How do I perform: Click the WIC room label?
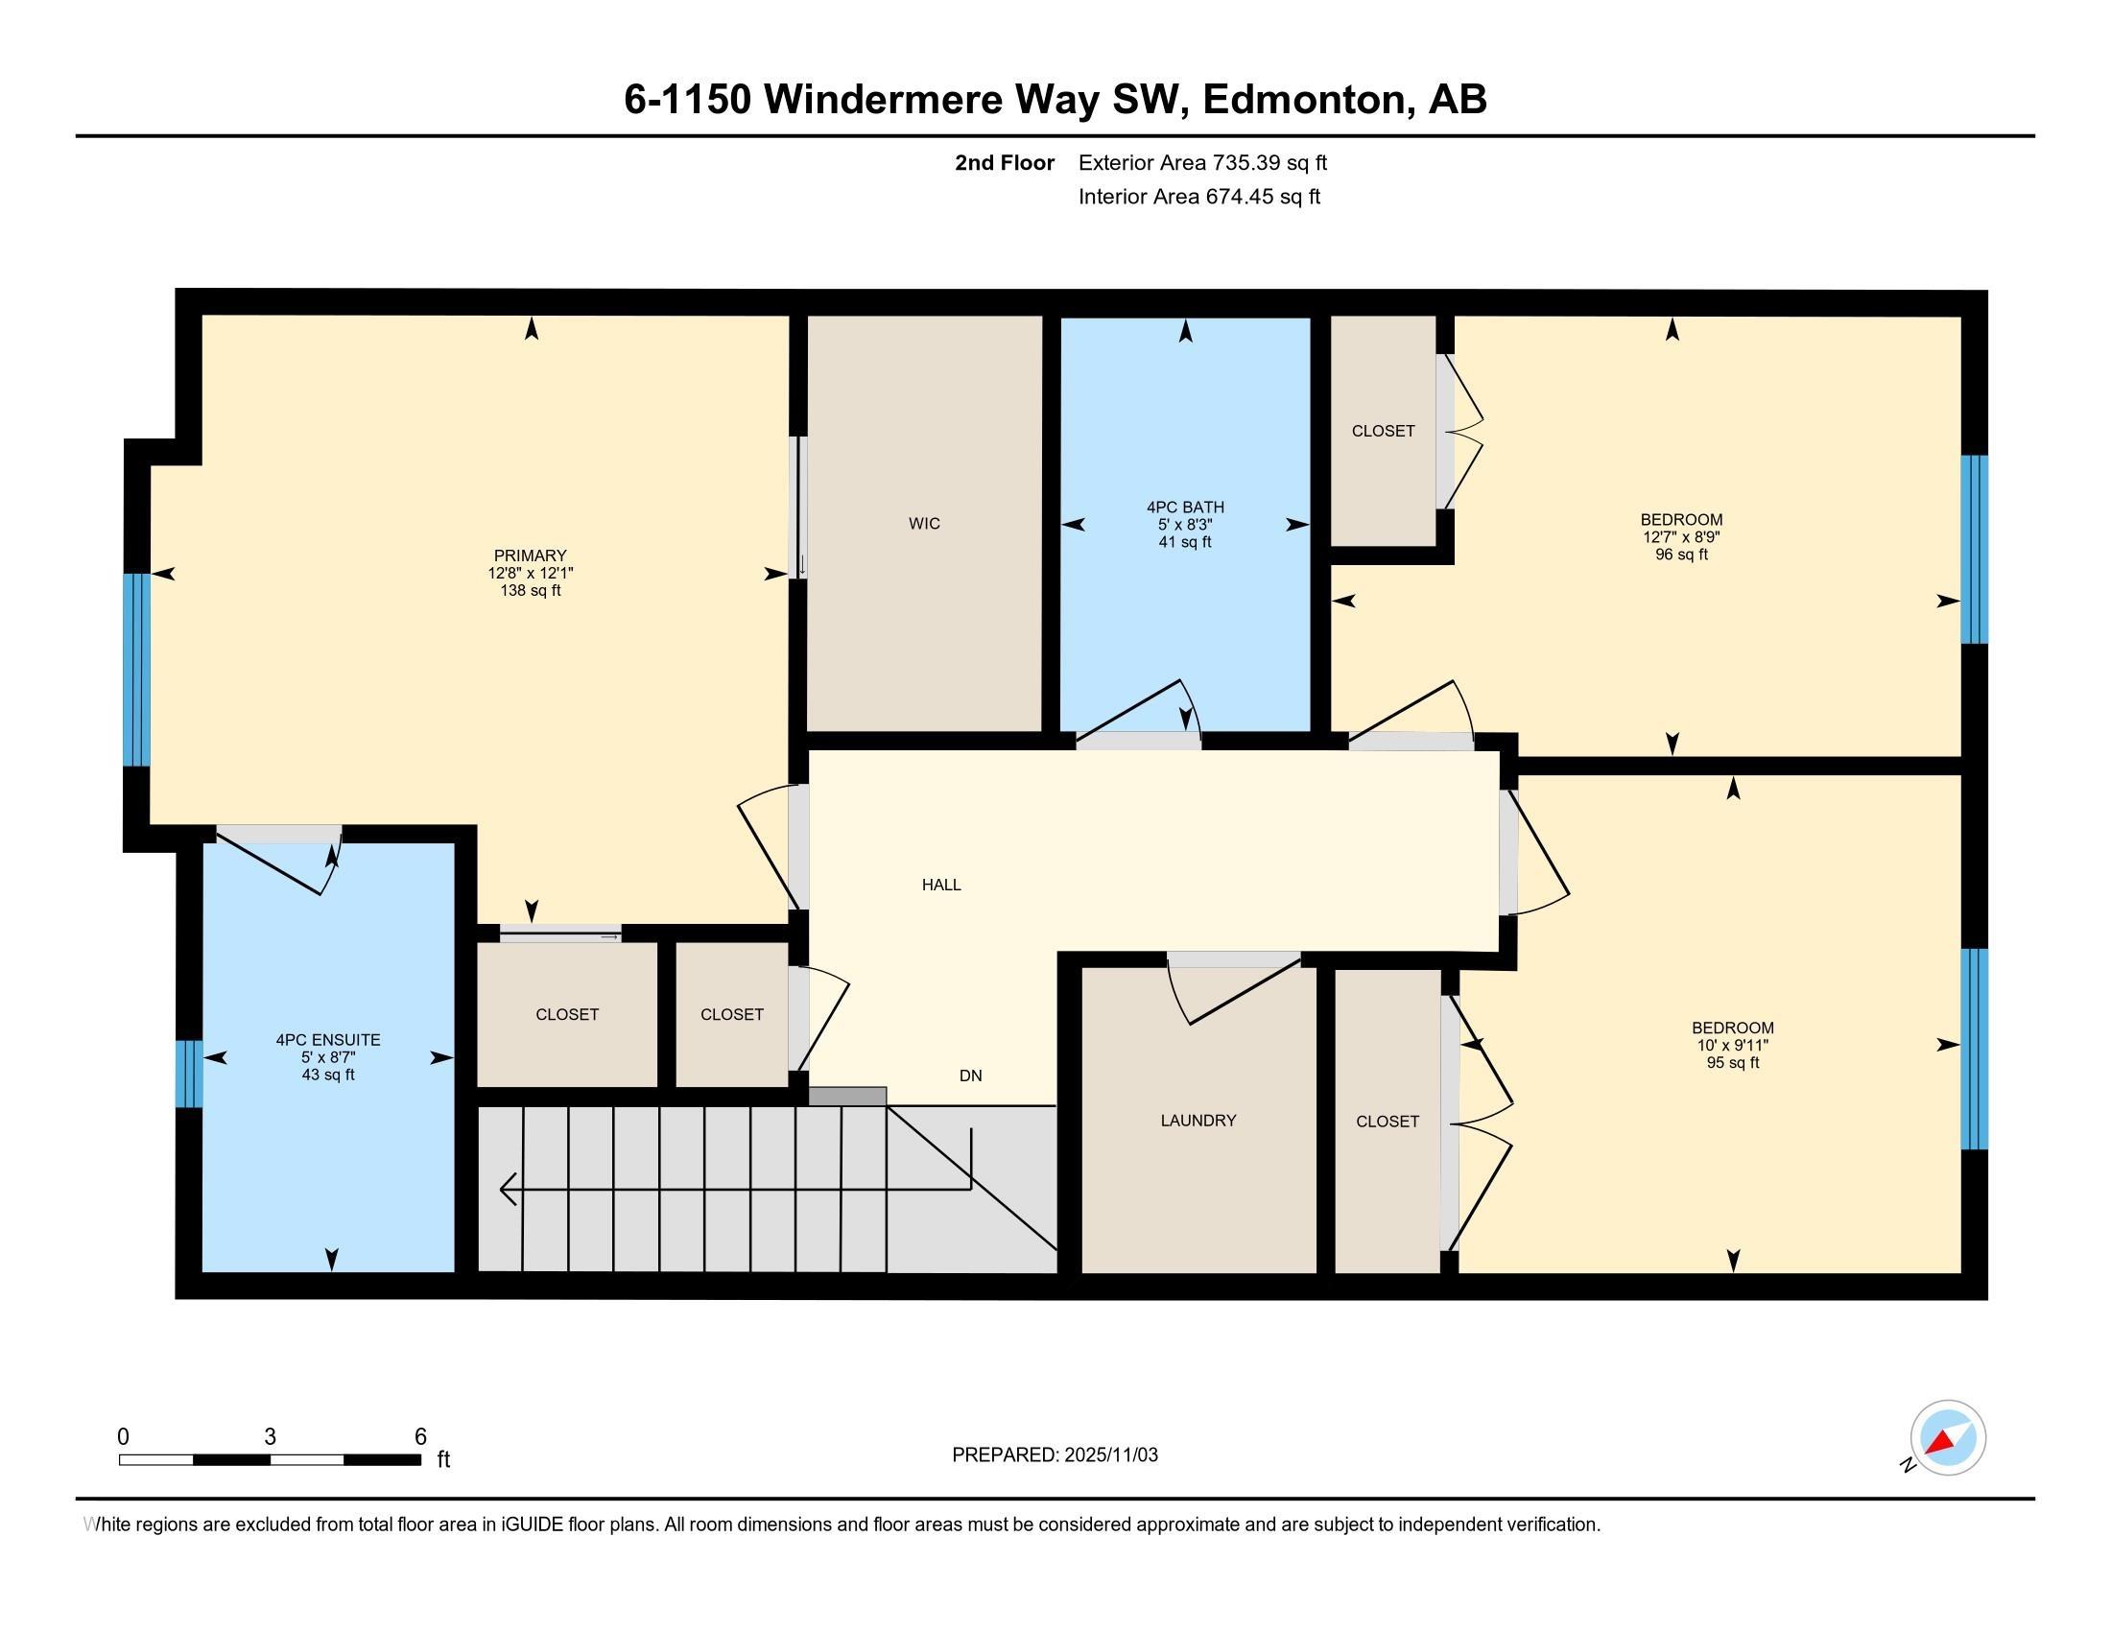924,524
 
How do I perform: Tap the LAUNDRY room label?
1198,1121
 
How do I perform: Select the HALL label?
940,886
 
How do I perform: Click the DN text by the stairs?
970,1076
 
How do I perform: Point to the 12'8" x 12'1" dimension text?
530,573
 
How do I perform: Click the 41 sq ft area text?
1185,542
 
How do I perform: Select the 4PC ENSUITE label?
327,1041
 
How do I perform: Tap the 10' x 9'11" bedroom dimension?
1732,1046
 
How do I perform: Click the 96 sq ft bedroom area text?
1681,555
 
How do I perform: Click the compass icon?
1947,1438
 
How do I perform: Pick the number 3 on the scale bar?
270,1437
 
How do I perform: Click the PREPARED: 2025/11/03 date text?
1055,1455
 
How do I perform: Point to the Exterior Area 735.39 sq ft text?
1202,163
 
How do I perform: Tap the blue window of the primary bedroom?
136,670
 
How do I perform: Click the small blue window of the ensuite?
188,1074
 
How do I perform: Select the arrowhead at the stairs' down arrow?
507,1190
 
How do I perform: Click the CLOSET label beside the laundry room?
1388,1122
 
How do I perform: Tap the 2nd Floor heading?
1005,163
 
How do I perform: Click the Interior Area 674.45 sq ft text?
1198,197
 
